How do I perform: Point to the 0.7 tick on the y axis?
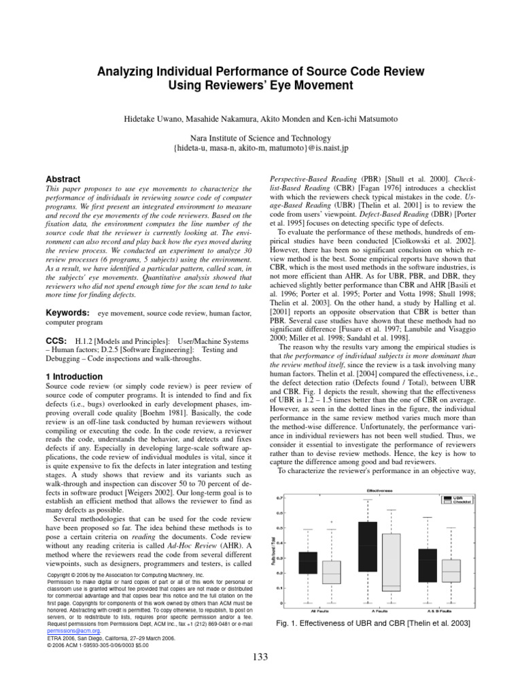coord(280,498)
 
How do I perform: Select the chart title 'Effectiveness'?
coord(377,489)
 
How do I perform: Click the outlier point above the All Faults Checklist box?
coord(332,522)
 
